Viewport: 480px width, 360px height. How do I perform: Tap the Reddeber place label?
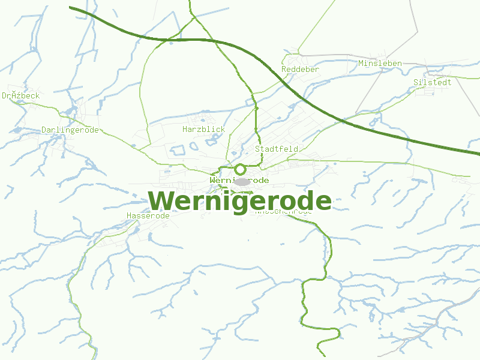pyautogui.click(x=300, y=70)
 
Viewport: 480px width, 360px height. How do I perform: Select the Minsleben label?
pyautogui.click(x=380, y=64)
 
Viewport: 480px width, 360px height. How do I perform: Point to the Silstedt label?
pyautogui.click(x=432, y=82)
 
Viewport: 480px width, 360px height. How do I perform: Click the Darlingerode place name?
pyautogui.click(x=70, y=130)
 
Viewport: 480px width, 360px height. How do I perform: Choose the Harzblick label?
pyautogui.click(x=203, y=130)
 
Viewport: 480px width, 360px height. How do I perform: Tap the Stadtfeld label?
pyautogui.click(x=277, y=149)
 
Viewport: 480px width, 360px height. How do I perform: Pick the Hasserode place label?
pyautogui.click(x=148, y=216)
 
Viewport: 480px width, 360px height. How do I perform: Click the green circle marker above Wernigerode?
pyautogui.click(x=240, y=169)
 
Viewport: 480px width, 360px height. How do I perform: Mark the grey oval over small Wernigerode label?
pyautogui.click(x=242, y=181)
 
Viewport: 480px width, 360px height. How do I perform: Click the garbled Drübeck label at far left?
pyautogui.click(x=20, y=96)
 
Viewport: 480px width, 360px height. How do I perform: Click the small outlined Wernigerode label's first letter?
pyautogui.click(x=213, y=181)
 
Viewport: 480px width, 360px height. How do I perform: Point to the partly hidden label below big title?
pyautogui.click(x=283, y=212)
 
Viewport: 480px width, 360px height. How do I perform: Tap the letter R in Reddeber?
pyautogui.click(x=284, y=70)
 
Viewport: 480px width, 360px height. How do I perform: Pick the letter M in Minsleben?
pyautogui.click(x=361, y=64)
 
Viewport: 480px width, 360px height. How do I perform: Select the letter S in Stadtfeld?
pyautogui.click(x=258, y=149)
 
